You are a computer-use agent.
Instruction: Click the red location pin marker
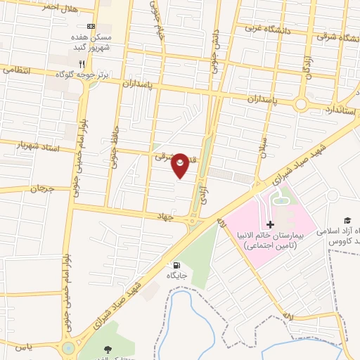[x=181, y=165]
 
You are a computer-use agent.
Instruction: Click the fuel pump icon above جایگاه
[x=174, y=265]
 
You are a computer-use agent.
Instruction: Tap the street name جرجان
[x=41, y=188]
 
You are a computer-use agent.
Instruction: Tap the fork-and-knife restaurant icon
[x=82, y=61]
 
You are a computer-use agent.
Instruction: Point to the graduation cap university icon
[x=346, y=219]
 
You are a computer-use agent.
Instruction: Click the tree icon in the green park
[x=107, y=349]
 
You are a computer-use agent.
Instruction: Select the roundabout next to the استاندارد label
[x=302, y=104]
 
